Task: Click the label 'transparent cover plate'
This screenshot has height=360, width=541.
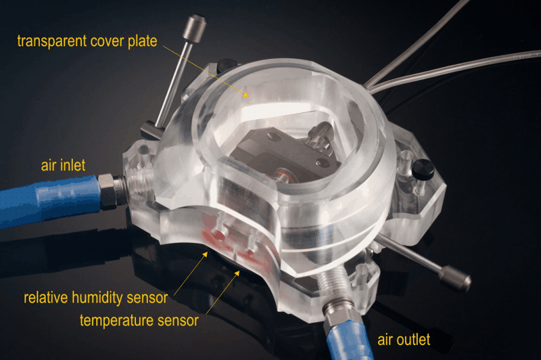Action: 87,41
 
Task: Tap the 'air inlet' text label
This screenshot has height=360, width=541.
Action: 63,165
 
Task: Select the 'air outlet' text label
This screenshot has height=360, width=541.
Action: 404,340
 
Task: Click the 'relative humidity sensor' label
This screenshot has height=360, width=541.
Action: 95,298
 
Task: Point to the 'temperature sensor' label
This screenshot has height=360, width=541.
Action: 139,320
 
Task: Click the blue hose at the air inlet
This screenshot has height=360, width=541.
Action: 48,200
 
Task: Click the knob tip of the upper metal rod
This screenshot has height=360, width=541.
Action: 194,28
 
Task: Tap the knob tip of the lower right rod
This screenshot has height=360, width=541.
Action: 455,279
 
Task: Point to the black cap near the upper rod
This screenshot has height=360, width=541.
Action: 226,66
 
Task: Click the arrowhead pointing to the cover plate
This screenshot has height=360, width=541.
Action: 245,94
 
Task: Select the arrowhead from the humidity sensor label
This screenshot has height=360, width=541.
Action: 206,254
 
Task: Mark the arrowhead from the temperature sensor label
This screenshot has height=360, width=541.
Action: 237,273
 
